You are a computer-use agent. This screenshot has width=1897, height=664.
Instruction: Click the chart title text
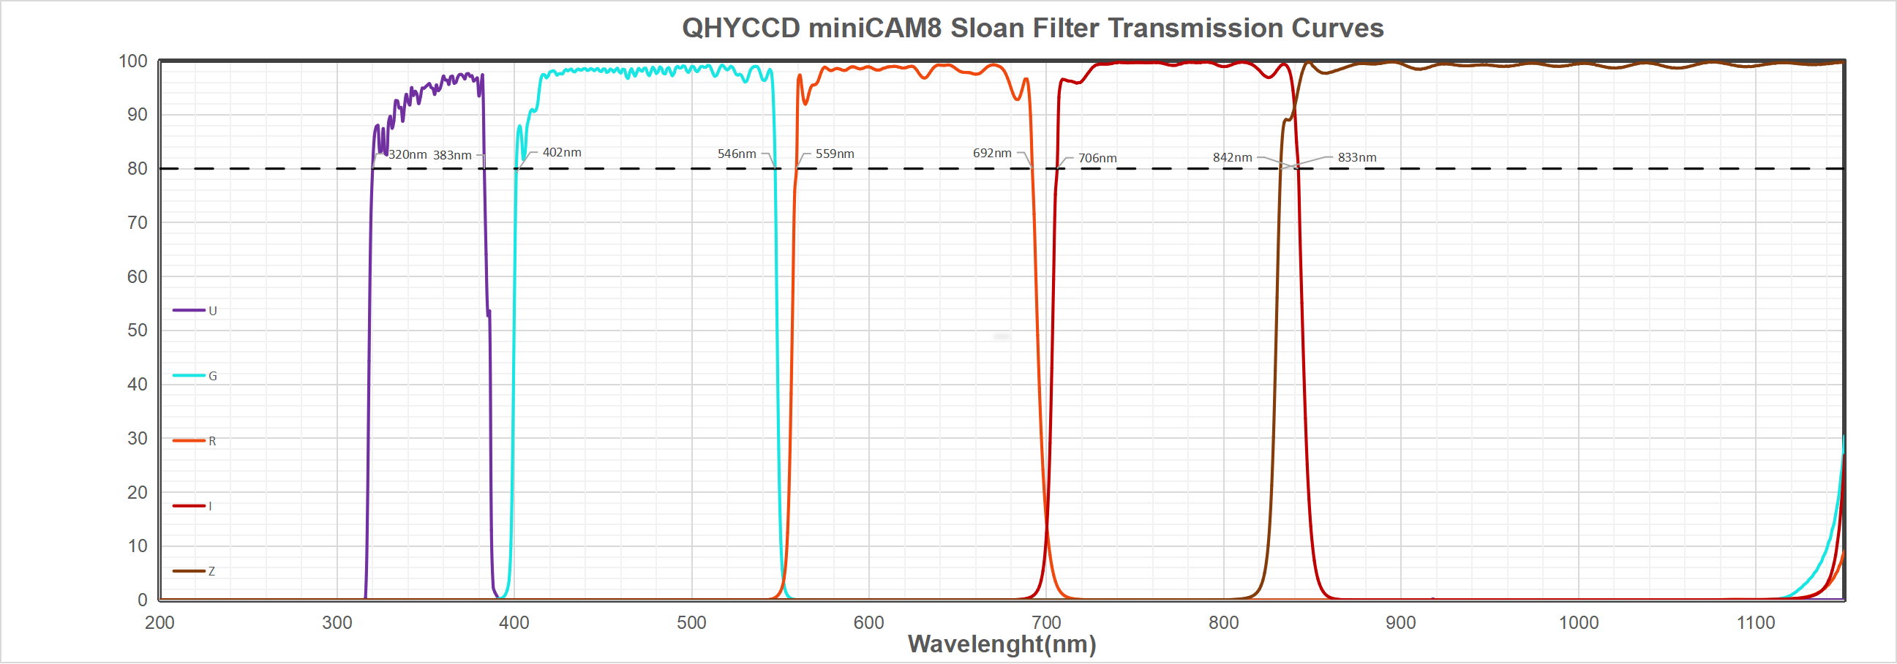[x=1032, y=28]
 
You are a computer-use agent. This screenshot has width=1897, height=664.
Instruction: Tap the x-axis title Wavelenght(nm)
[x=1002, y=644]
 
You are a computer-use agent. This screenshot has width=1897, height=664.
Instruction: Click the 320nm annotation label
[x=407, y=154]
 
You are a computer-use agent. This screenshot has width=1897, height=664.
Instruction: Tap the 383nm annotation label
[x=452, y=155]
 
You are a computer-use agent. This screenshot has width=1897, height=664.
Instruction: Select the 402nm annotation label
[x=562, y=152]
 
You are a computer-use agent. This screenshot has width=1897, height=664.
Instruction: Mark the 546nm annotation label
[x=737, y=154]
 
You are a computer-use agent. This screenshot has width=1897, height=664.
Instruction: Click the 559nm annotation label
[x=834, y=154]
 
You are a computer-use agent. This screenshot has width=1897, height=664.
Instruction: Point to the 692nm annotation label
[x=992, y=153]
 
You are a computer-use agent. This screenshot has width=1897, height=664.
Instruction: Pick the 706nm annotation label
[x=1097, y=158]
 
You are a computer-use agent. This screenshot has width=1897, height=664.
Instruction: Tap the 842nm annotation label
[x=1232, y=157]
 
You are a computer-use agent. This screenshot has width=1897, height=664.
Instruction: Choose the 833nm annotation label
[x=1356, y=157]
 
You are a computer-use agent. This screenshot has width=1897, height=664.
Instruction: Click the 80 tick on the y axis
[x=137, y=169]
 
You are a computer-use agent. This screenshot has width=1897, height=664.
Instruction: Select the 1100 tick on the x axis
[x=1756, y=623]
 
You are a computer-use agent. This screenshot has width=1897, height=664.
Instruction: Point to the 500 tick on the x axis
[x=691, y=623]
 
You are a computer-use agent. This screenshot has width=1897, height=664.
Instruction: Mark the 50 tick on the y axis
[x=137, y=331]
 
